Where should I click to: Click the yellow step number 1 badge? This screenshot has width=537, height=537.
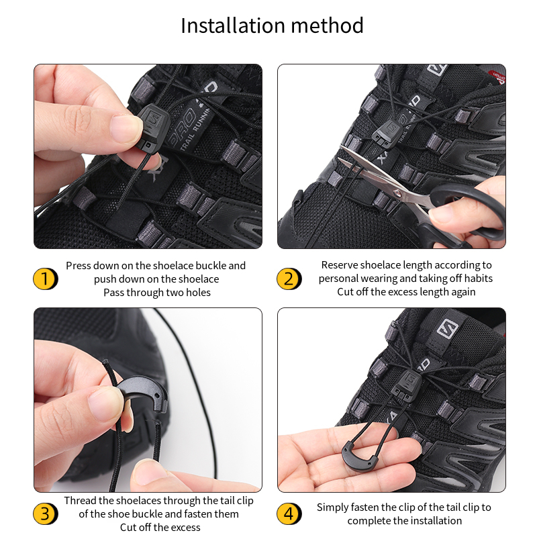tap(45, 279)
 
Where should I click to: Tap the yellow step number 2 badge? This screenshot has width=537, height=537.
tap(289, 279)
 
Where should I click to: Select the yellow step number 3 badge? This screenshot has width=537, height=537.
tap(45, 514)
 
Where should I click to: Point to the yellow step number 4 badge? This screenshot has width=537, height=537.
tap(289, 514)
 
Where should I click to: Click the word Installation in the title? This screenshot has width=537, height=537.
tap(233, 26)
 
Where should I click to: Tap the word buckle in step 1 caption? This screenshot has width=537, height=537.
tap(210, 266)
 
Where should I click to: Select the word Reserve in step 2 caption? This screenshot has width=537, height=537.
tap(339, 265)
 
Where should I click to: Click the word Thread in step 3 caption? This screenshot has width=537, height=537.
tap(80, 500)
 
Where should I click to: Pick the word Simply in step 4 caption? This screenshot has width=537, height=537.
tap(332, 507)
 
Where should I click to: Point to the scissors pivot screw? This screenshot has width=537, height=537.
tap(397, 194)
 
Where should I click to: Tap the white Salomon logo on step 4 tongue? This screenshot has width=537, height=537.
tap(447, 329)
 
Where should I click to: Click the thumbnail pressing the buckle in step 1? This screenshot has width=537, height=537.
tap(126, 128)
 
